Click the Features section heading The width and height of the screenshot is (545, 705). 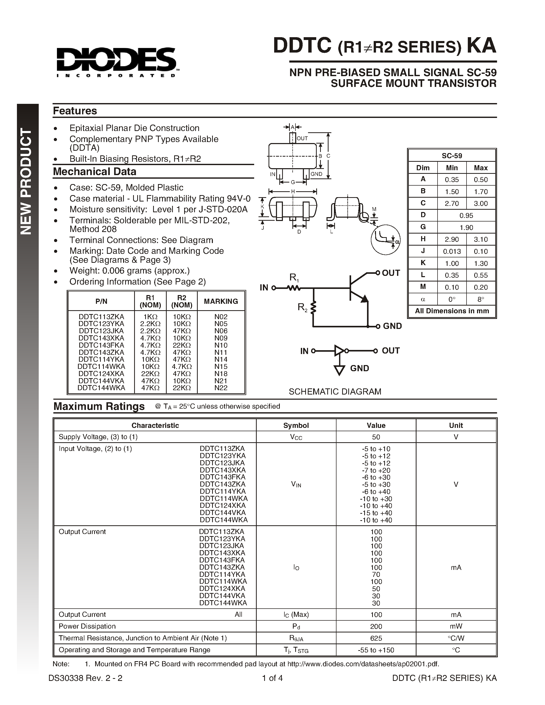coord(75,111)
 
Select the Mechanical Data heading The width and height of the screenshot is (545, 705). coord(94,172)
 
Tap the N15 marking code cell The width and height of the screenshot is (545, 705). coord(221,366)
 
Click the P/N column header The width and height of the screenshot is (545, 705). coord(101,301)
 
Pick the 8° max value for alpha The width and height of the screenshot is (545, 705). coord(480,299)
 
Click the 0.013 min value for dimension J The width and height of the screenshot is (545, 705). coord(452,251)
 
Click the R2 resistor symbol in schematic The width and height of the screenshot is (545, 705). coord(313,307)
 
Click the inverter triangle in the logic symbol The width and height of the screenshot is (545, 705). coord(339,350)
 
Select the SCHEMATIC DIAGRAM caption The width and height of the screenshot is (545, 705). coord(335,391)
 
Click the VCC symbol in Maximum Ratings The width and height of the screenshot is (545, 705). coord(296,437)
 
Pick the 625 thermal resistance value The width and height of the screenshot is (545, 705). coord(376,638)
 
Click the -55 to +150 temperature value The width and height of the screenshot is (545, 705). coord(376,650)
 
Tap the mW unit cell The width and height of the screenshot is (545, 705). coord(455,626)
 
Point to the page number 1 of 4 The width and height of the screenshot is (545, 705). coord(272,678)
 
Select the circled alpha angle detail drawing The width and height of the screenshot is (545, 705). coord(385,239)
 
